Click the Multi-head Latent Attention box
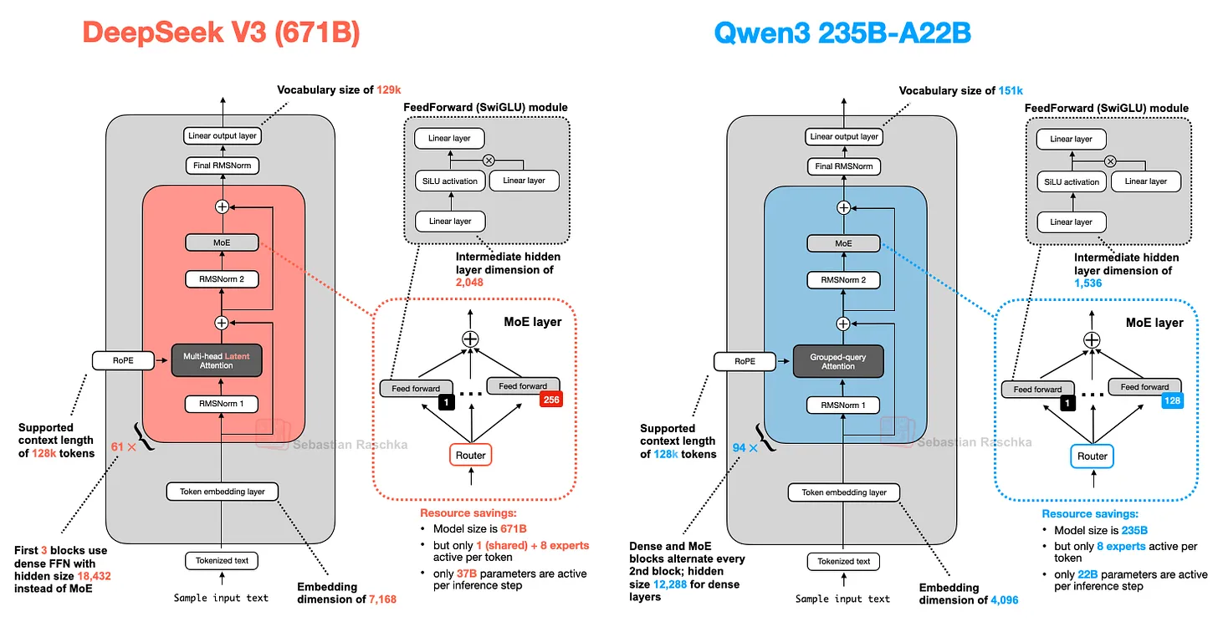(221, 361)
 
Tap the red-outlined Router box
(470, 454)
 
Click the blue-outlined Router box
(1092, 456)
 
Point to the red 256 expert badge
(550, 400)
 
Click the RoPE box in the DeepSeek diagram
(123, 361)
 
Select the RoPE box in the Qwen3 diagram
(745, 362)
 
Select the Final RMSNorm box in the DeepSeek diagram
(221, 166)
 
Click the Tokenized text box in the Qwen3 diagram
(842, 561)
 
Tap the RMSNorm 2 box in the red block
(221, 279)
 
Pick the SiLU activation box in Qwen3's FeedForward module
(1070, 181)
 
